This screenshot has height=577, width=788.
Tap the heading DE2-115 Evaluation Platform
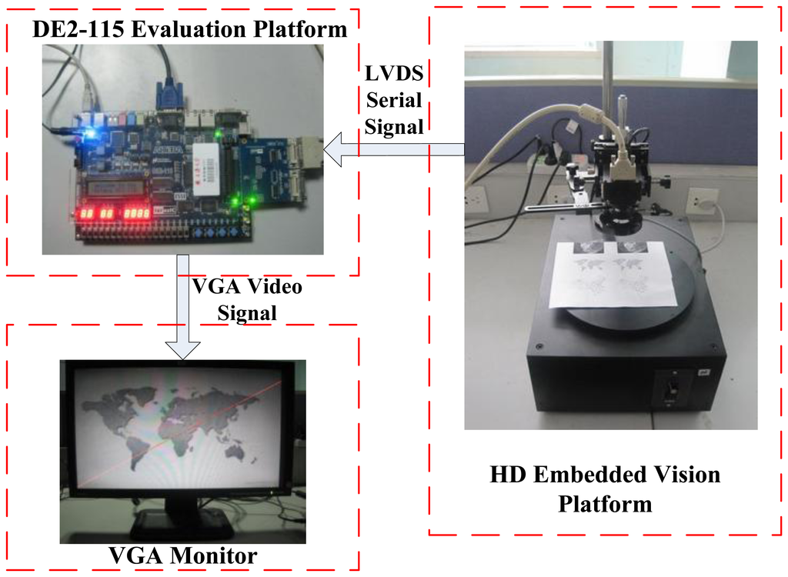(189, 30)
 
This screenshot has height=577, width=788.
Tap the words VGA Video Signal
(245, 300)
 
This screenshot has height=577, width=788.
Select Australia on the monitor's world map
(235, 452)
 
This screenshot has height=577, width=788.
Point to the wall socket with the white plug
(702, 203)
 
